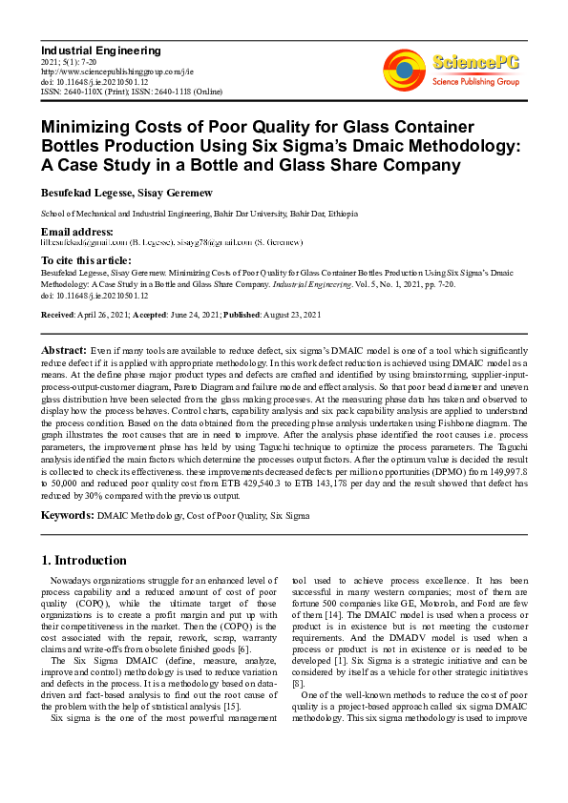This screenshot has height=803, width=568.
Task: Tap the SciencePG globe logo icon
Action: tap(404, 70)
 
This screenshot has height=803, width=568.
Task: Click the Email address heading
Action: tap(77, 232)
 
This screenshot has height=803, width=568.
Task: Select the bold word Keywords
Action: tap(67, 516)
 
